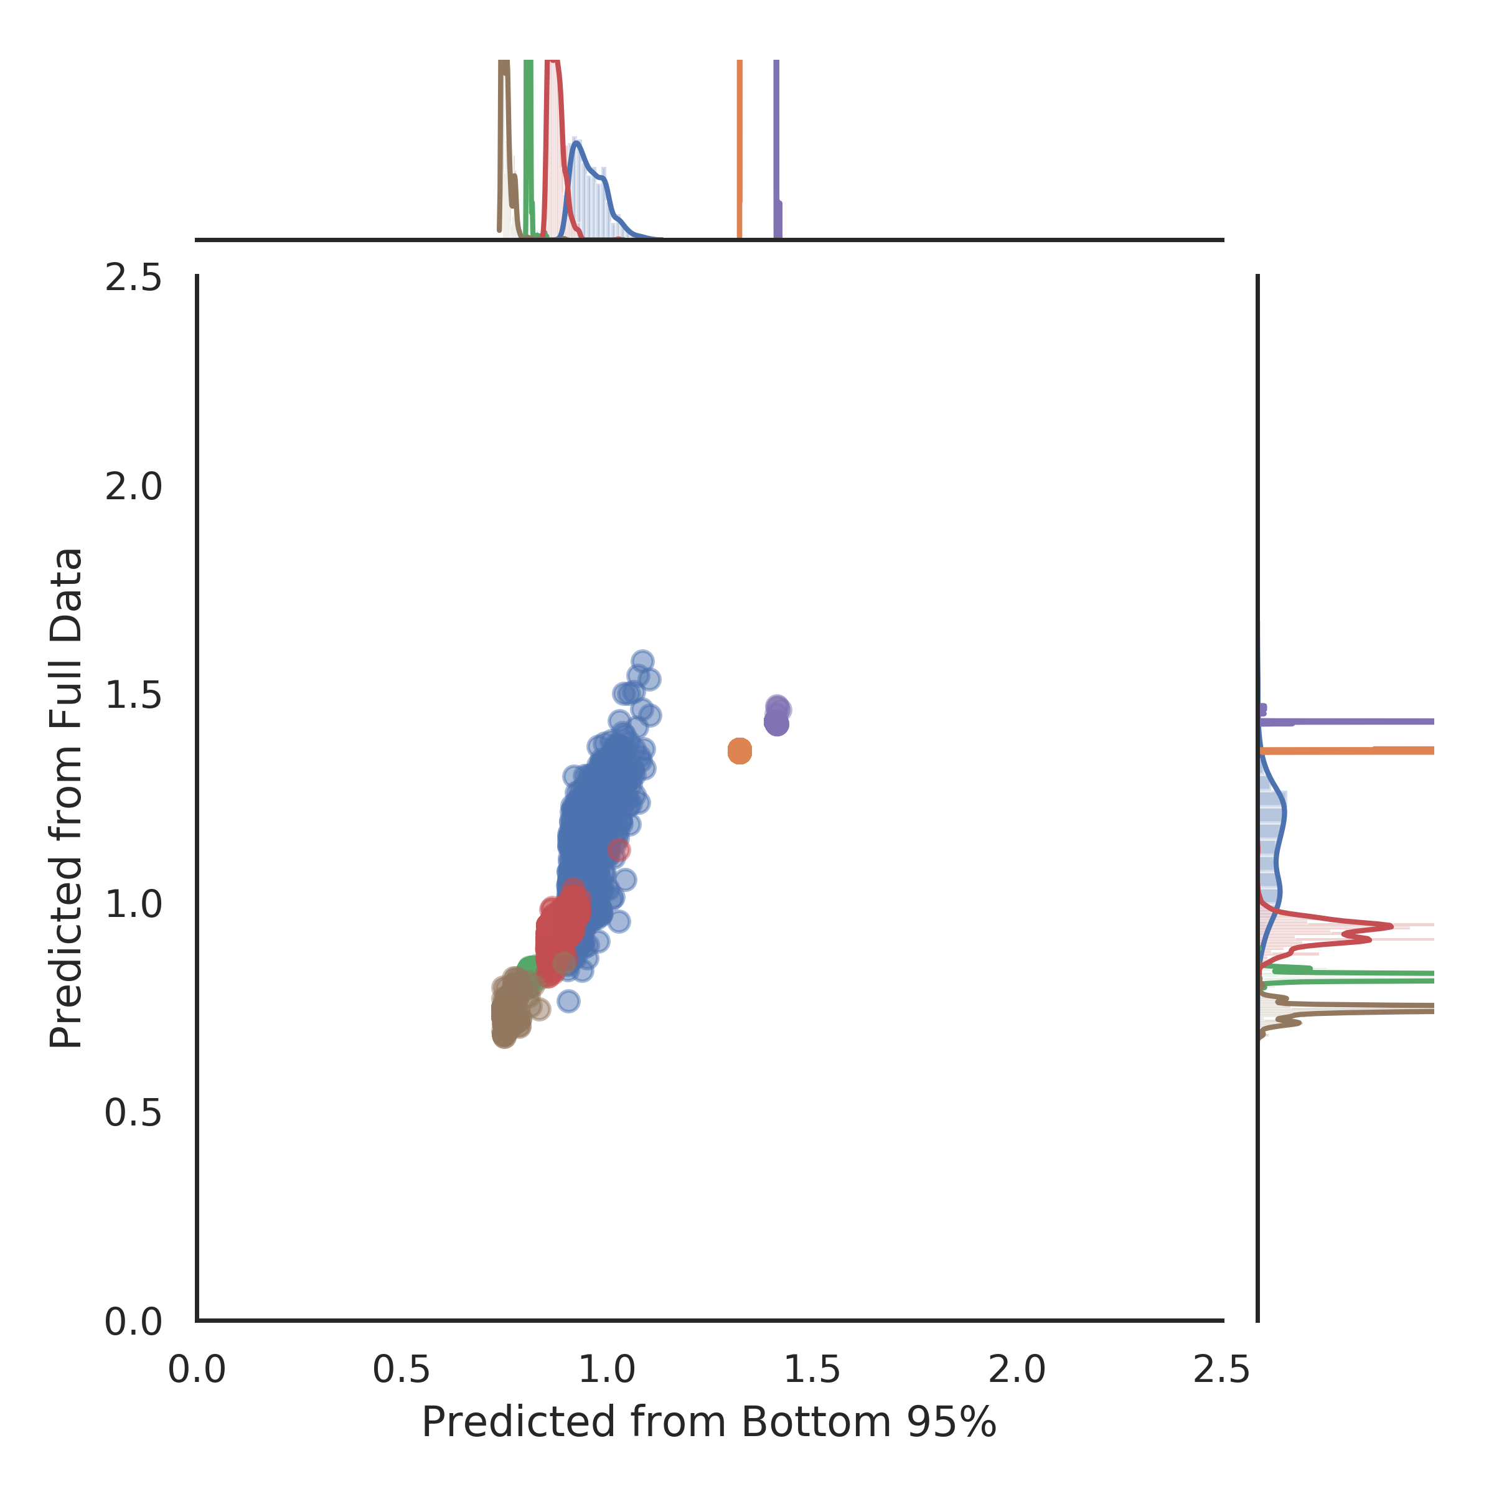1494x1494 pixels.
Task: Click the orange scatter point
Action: pyautogui.click(x=740, y=750)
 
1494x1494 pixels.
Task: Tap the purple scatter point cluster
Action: pyautogui.click(x=776, y=715)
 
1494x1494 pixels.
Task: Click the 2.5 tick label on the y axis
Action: pyautogui.click(x=134, y=278)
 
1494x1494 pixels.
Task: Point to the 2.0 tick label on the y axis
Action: pyautogui.click(x=134, y=487)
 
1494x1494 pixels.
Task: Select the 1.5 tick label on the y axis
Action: pyautogui.click(x=134, y=696)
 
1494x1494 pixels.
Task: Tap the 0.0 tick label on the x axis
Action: pyautogui.click(x=197, y=1370)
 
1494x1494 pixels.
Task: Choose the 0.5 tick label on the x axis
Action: pyautogui.click(x=402, y=1370)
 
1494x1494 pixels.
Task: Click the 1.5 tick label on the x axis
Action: pyautogui.click(x=812, y=1370)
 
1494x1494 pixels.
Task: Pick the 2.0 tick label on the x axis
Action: pyautogui.click(x=1017, y=1370)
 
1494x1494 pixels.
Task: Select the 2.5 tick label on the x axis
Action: pyautogui.click(x=1222, y=1370)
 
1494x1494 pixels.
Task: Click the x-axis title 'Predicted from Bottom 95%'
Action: pyautogui.click(x=708, y=1423)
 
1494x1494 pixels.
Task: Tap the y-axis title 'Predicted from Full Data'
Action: pyautogui.click(x=67, y=798)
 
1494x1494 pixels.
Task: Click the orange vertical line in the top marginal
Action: pyautogui.click(x=740, y=147)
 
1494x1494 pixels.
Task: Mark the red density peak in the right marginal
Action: pyautogui.click(x=1391, y=926)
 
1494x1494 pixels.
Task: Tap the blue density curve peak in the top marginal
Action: pyautogui.click(x=577, y=143)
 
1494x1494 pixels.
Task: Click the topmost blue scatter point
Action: pyautogui.click(x=642, y=661)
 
